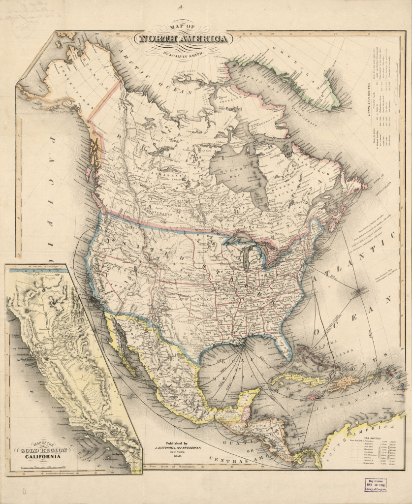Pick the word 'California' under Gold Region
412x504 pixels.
point(44,457)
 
